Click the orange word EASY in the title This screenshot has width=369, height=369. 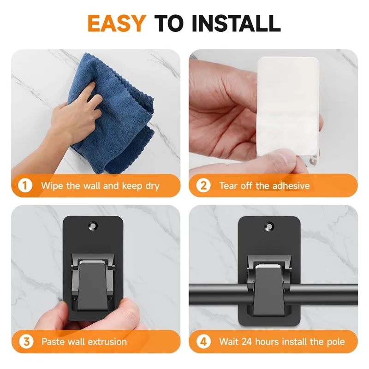point(117,23)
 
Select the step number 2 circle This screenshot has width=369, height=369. point(203,186)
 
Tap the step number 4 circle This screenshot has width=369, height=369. point(203,341)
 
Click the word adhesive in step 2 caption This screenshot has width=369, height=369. point(290,186)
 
